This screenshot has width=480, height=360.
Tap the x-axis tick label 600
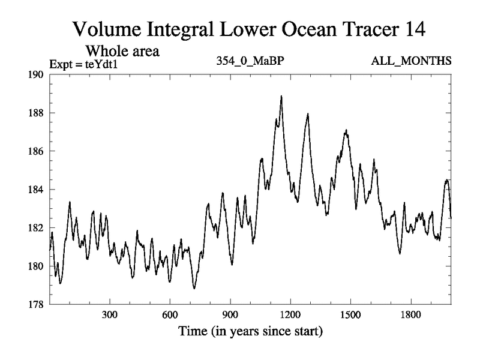(170, 315)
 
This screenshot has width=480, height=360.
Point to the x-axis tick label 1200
(290, 315)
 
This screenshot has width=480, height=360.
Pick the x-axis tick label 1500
(350, 315)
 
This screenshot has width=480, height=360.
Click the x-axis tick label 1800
(410, 315)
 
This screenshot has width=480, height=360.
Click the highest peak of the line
(281, 96)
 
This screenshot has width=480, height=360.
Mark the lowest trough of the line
(194, 288)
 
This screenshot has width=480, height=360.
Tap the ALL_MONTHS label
(413, 62)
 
